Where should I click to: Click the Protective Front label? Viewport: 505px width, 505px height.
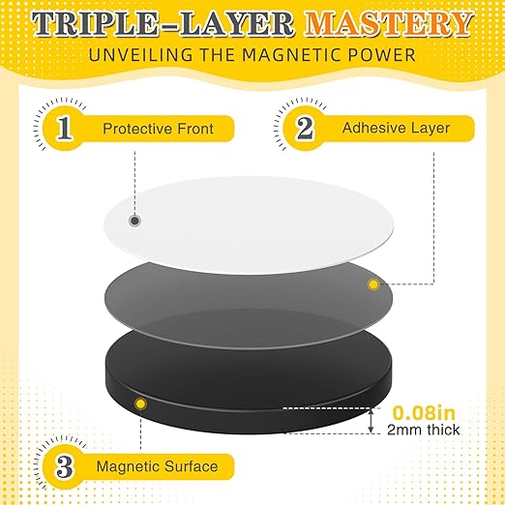point(157,128)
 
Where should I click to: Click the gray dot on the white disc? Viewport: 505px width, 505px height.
point(134,221)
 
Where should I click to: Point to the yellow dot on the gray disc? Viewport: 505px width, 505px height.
point(372,282)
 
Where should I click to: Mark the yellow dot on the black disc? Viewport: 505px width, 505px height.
point(141,401)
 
